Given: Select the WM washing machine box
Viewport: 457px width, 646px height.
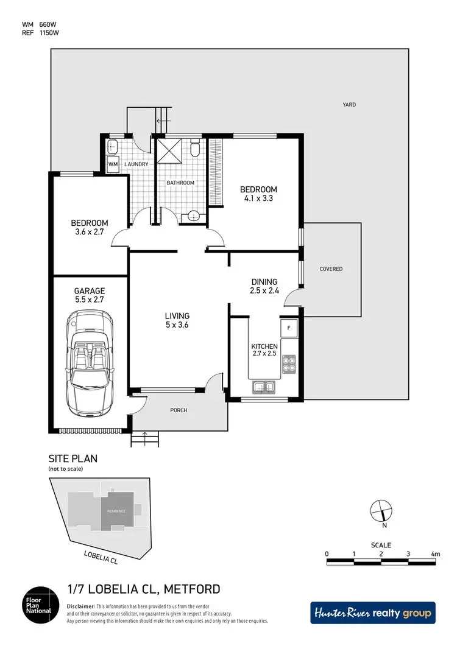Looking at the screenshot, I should tap(113, 164).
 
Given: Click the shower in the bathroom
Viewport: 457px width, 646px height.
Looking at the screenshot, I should tap(169, 150).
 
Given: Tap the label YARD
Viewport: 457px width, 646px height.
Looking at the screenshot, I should tap(349, 105).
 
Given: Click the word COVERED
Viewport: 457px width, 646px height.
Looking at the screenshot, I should tap(331, 269).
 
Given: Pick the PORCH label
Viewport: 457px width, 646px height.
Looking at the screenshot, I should tap(179, 410).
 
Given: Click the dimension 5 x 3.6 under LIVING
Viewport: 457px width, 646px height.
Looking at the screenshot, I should tap(177, 325).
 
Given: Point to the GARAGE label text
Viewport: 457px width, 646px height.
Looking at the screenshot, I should tap(90, 291).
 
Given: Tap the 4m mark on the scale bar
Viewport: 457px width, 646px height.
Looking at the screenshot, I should tap(434, 554).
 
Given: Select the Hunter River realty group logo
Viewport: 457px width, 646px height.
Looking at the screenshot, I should tap(373, 613).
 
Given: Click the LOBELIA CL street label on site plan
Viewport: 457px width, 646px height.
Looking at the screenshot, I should tap(101, 556).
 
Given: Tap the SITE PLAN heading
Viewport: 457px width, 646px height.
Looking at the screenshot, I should tap(73, 458).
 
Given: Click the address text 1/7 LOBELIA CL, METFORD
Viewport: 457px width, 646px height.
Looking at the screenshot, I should tap(143, 589).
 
